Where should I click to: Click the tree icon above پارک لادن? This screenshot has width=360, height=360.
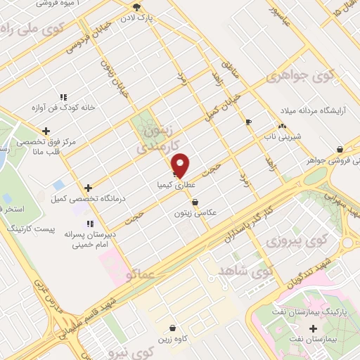[x=136, y=6]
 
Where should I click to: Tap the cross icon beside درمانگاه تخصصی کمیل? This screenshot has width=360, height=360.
[x=88, y=188]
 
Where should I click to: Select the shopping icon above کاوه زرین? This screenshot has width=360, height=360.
[x=173, y=327]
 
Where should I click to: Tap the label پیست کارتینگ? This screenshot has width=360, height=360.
[x=30, y=230]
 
